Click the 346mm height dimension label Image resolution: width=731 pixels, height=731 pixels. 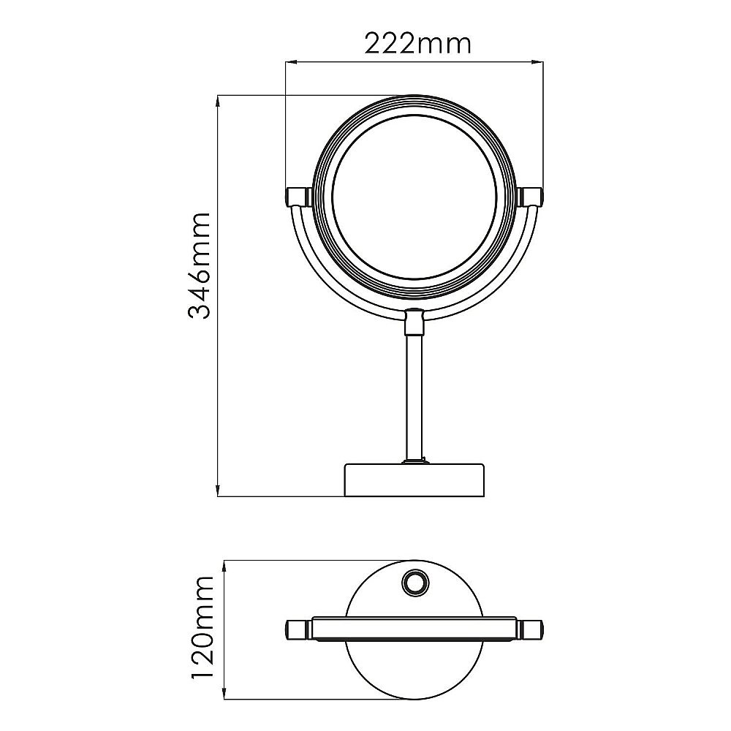199,266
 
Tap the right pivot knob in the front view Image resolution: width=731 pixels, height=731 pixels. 531,196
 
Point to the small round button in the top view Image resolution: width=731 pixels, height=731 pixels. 417,583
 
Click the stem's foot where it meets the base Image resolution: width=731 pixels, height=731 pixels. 414,461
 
